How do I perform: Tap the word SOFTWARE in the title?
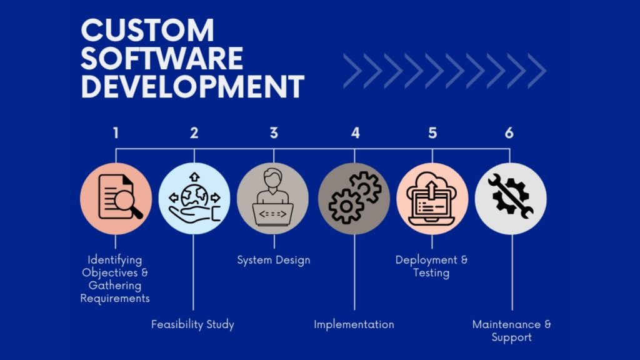[162, 59]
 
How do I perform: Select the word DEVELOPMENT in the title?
[192, 86]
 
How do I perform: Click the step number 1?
[116, 132]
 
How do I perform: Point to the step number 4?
[355, 132]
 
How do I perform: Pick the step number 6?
[509, 132]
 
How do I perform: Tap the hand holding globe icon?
[194, 198]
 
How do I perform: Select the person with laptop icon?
[273, 198]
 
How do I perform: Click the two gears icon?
[354, 198]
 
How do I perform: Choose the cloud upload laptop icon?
[432, 198]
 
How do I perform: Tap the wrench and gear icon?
[511, 198]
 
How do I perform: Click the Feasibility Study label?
[193, 324]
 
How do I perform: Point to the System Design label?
[273, 259]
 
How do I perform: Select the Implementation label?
[354, 324]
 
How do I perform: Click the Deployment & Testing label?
[431, 266]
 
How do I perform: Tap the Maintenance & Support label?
[511, 331]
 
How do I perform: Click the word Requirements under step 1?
[116, 298]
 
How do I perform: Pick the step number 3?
[274, 132]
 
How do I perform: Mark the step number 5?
[432, 132]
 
